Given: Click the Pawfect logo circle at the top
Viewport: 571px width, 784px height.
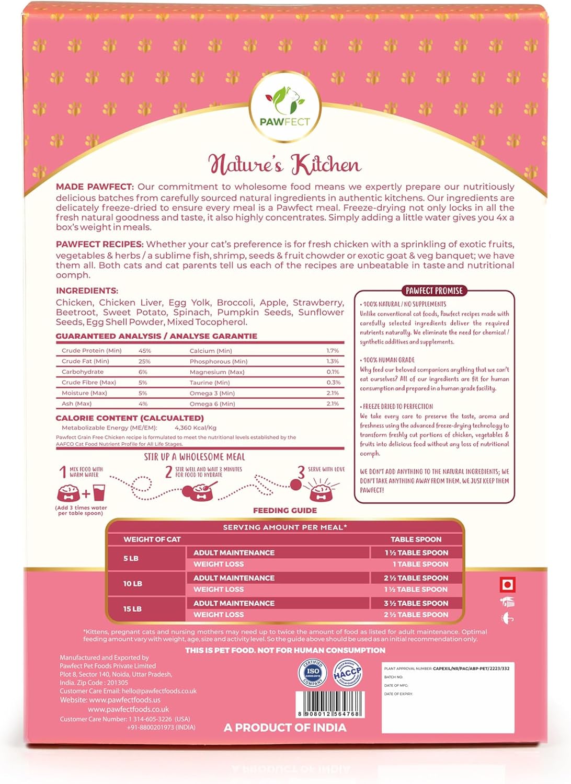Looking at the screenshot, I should point(285,107).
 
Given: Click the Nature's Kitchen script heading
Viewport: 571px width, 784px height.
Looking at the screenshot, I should point(285,164).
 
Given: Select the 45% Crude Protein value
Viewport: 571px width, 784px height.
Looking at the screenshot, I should point(145,351).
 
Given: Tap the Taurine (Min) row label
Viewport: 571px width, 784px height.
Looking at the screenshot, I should point(210,383).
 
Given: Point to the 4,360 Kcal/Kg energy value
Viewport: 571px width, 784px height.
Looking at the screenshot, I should point(196,428).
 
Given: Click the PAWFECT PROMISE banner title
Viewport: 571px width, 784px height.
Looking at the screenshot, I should point(434,291).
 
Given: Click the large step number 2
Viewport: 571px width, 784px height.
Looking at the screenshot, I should point(168,472).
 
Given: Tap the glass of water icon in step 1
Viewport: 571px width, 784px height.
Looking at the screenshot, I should point(99,492).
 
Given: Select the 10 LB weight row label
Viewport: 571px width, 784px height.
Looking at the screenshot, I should point(133,583).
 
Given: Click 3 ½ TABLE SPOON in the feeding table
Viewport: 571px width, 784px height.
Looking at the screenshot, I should point(416,603).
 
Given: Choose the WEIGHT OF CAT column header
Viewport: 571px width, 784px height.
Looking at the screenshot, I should point(152,539).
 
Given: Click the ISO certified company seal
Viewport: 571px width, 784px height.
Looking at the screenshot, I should point(313,673).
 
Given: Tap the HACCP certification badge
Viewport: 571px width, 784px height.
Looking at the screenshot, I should point(347,674).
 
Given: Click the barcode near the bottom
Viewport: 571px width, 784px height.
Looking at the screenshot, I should point(329,704).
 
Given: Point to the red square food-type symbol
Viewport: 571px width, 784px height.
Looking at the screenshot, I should point(508,584).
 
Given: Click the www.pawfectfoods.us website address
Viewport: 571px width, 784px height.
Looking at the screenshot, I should point(124,700).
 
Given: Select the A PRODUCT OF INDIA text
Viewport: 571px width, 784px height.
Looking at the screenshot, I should point(285,728).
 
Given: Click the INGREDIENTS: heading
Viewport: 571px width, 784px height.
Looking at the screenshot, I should point(87,291).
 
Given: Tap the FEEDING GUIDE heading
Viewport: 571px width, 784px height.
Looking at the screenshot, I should point(285,510).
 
